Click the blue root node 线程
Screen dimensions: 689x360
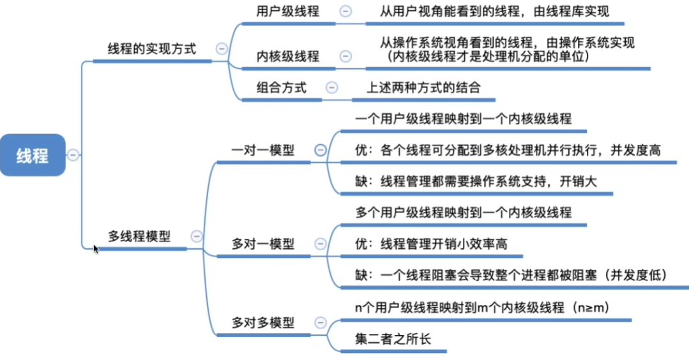click(x=33, y=155)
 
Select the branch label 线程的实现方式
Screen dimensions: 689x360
click(x=151, y=49)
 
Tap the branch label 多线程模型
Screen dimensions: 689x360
click(x=139, y=236)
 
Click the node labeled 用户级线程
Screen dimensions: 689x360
click(x=288, y=11)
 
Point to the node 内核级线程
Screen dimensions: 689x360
click(x=288, y=56)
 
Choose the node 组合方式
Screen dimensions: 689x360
click(x=281, y=87)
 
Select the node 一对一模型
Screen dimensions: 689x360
click(x=263, y=150)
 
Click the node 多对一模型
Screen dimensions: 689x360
click(x=263, y=244)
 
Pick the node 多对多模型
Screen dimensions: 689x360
click(x=263, y=323)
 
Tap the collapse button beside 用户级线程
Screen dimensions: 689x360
click(x=346, y=11)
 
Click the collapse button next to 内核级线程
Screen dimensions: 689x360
click(x=346, y=56)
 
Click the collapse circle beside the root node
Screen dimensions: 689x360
click(x=73, y=155)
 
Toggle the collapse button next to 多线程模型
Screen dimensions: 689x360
click(x=197, y=236)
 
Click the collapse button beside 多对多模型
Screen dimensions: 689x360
click(x=321, y=323)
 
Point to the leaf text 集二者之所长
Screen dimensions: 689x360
click(x=393, y=338)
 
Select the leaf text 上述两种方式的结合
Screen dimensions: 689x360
click(x=423, y=87)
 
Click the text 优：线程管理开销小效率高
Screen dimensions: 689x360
click(x=431, y=244)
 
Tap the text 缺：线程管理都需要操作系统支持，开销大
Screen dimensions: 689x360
click(x=476, y=181)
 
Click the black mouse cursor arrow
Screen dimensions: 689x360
click(x=96, y=249)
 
